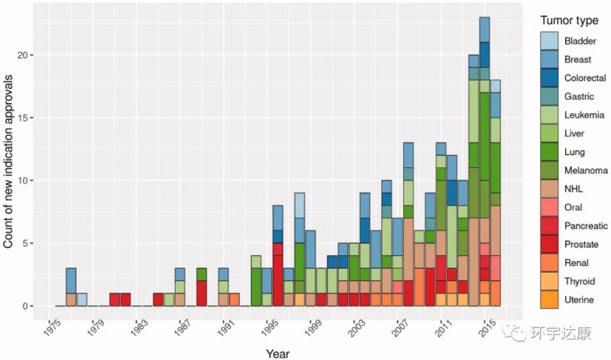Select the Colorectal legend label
point(587,78)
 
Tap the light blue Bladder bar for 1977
point(82,300)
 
